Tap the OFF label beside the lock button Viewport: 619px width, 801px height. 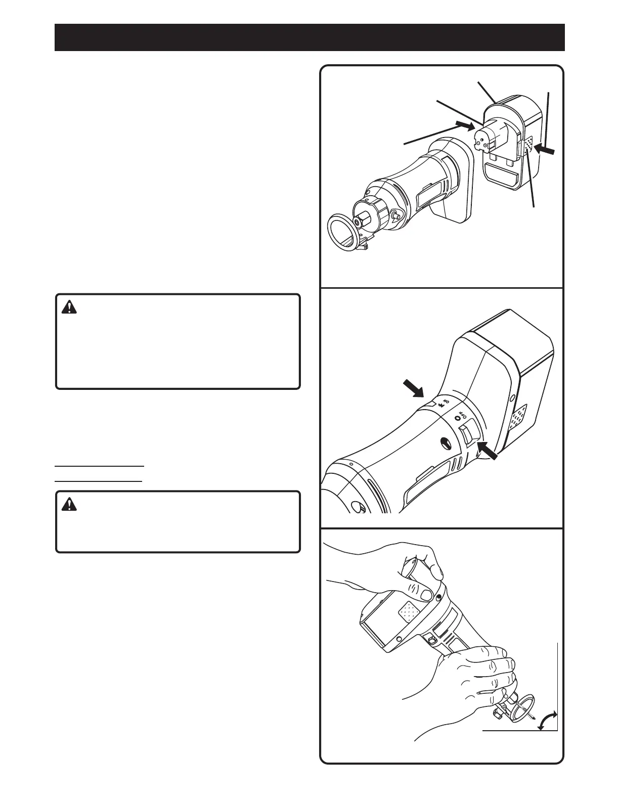pos(460,416)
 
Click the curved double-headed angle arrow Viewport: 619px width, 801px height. pos(547,720)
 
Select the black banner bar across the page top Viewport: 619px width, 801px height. pos(309,37)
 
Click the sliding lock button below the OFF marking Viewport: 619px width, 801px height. pos(468,433)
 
